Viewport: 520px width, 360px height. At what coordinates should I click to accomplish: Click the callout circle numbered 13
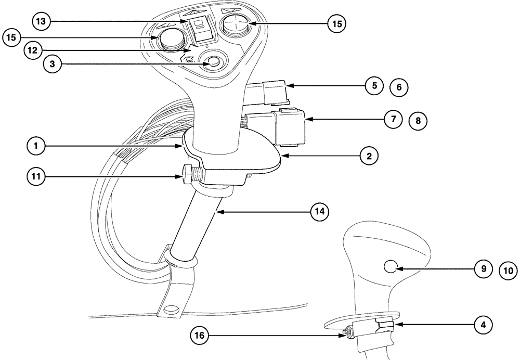(41, 21)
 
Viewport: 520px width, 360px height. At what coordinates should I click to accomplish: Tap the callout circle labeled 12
(34, 50)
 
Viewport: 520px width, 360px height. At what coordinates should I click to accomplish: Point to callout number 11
(36, 177)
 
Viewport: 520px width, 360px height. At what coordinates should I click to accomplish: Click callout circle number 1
(36, 147)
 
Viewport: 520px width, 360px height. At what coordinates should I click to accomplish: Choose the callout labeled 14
(320, 211)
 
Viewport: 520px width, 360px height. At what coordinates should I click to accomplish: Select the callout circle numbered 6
(399, 87)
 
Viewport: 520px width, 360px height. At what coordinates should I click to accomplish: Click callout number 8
(418, 121)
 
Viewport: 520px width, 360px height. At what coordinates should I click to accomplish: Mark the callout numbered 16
(201, 336)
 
